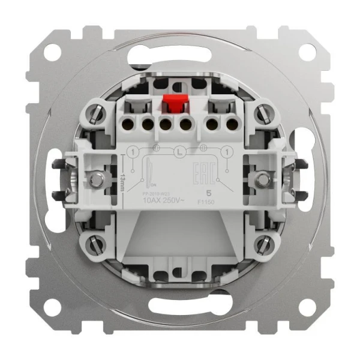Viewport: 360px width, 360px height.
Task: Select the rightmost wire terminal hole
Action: click(232, 125)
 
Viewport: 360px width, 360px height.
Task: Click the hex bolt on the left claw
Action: click(94, 178)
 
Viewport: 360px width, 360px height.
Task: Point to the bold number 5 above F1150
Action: click(208, 193)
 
